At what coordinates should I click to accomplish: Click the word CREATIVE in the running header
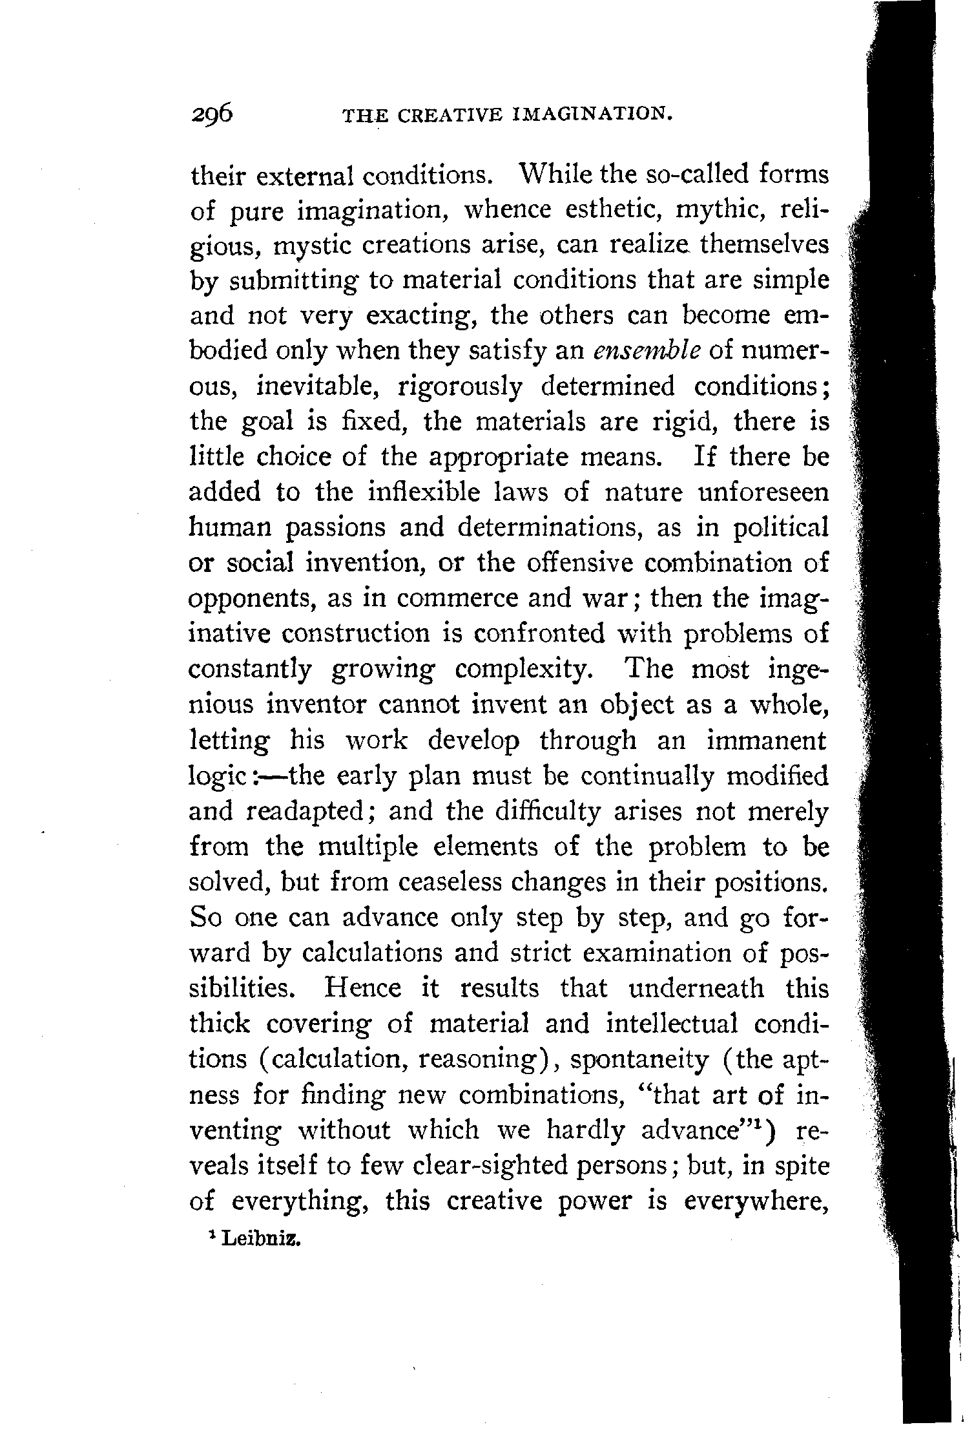[x=450, y=116]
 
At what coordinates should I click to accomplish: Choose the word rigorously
[x=462, y=387]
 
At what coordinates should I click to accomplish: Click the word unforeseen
[x=763, y=492]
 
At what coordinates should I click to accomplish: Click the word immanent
[x=766, y=740]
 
